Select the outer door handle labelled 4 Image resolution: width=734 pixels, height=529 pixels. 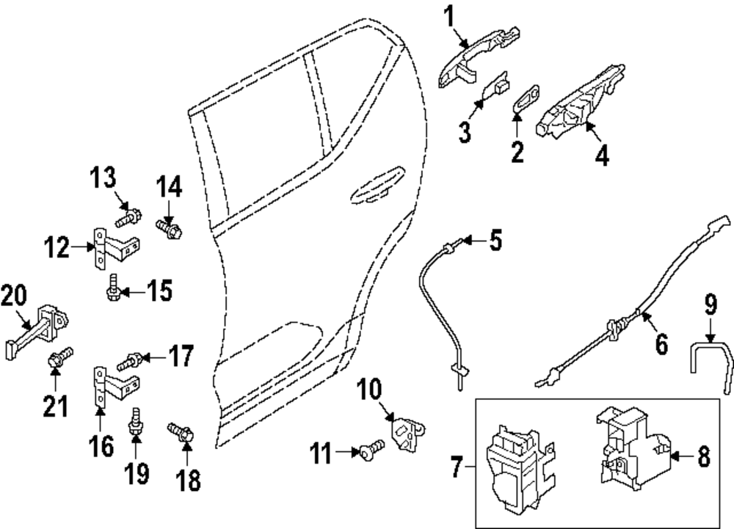tap(580, 100)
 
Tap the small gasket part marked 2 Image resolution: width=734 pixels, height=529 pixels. tap(527, 99)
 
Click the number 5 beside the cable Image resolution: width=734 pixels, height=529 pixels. tap(495, 240)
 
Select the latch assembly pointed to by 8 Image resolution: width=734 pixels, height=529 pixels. tap(635, 448)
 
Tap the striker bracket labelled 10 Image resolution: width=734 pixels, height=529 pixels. tap(407, 431)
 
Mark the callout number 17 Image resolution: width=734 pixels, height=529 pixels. tap(180, 357)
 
